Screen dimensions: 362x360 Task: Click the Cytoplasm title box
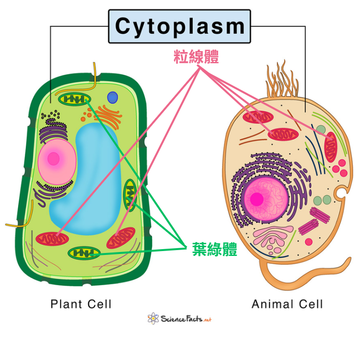[x=179, y=27]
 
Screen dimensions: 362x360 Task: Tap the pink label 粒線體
[x=196, y=57]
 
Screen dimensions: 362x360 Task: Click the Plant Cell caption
[x=81, y=304]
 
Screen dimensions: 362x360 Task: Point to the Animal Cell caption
[x=287, y=304]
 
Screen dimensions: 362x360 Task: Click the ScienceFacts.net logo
[x=179, y=319]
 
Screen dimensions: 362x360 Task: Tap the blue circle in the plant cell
[x=113, y=97]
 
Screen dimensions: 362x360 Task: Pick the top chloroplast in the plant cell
[x=75, y=100]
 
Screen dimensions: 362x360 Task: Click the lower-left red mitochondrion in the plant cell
[x=51, y=238]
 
